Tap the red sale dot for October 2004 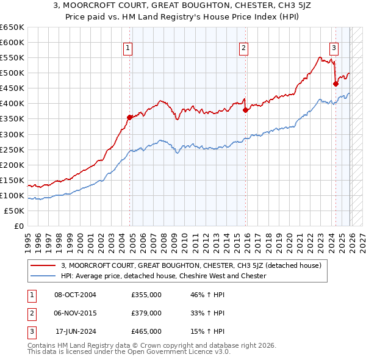coord(129,117)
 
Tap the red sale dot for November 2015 coord(245,110)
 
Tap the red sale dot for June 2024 coord(335,84)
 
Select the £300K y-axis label coord(12,134)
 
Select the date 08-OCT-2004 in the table coord(75,295)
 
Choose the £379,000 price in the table coord(146,313)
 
